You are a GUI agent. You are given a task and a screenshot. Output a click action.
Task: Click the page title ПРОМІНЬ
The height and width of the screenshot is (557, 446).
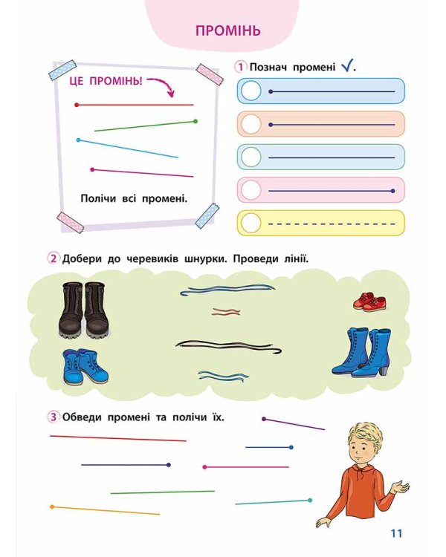click(228, 31)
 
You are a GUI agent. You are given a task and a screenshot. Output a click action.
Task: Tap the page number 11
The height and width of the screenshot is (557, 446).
click(395, 532)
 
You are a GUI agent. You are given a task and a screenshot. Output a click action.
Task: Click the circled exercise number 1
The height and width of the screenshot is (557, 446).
click(241, 67)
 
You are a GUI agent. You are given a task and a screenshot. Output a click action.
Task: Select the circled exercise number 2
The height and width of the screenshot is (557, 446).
click(54, 259)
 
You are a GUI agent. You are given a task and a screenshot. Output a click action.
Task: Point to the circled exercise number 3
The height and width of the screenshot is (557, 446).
click(54, 417)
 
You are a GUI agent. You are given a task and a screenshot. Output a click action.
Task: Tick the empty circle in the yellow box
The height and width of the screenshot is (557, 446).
click(252, 223)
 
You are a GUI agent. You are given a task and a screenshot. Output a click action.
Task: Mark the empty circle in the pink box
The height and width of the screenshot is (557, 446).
click(252, 190)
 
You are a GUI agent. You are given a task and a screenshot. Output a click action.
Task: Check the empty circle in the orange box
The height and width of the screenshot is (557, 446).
click(252, 124)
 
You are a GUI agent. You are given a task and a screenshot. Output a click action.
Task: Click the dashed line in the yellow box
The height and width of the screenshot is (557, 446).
click(331, 223)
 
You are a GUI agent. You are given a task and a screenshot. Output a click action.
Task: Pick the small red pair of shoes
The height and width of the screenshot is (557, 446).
click(369, 302)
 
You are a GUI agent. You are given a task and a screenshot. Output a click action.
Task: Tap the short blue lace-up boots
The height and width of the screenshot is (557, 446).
click(85, 366)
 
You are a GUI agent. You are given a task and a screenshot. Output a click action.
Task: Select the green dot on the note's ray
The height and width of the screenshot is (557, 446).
click(195, 121)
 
